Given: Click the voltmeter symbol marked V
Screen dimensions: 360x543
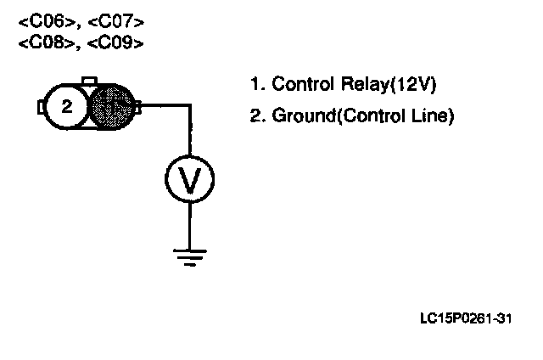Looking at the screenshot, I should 188,179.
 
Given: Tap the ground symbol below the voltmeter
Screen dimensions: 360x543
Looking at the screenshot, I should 188,255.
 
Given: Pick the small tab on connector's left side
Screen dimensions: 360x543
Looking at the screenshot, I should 41,107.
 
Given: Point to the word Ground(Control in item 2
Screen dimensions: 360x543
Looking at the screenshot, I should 339,115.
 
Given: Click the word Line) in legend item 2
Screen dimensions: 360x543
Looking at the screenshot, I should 434,115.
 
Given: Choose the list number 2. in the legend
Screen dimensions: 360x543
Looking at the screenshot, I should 256,115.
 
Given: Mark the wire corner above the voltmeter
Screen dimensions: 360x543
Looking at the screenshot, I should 188,106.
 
